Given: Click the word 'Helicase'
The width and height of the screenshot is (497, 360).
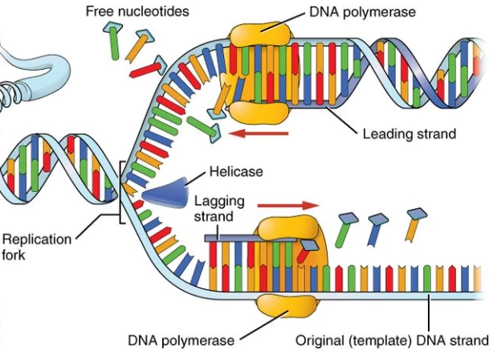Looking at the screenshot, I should click(x=236, y=172).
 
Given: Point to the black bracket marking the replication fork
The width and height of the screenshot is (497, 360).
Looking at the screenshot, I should click(x=120, y=193).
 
